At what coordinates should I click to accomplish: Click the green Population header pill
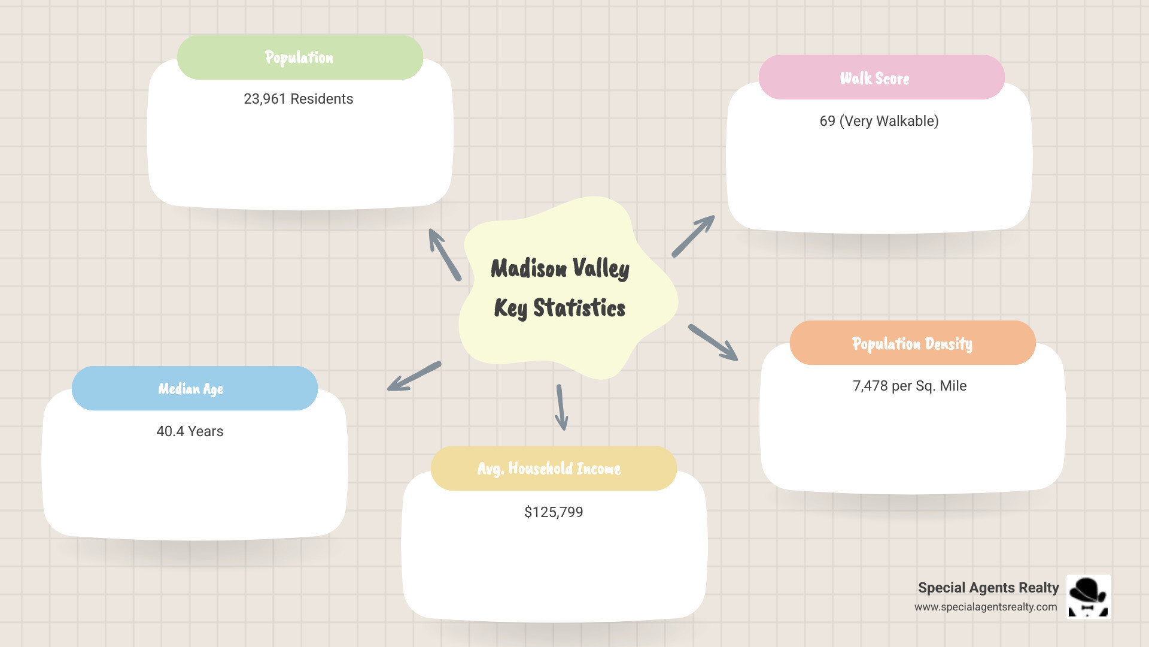click(300, 58)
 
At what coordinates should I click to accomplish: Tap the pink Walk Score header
click(881, 78)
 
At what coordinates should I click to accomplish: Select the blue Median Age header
click(194, 389)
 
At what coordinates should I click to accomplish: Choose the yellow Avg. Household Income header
click(553, 468)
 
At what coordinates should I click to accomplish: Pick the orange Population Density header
click(912, 343)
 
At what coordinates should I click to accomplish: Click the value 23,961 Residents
click(298, 99)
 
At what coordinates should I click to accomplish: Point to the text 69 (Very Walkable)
click(879, 121)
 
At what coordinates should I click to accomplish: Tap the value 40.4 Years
click(190, 431)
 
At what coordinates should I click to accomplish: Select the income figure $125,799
click(553, 512)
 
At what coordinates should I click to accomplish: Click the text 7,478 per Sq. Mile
click(909, 386)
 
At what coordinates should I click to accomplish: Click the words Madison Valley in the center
click(560, 268)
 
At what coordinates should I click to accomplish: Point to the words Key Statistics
click(560, 308)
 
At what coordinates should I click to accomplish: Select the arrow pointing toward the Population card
click(444, 255)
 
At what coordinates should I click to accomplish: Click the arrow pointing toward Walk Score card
click(693, 236)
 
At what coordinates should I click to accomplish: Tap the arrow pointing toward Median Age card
click(414, 377)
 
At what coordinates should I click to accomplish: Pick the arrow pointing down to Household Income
click(561, 407)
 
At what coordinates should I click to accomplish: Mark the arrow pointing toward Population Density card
click(713, 342)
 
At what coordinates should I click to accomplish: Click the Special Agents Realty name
click(988, 588)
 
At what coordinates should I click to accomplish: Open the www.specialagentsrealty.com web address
click(985, 607)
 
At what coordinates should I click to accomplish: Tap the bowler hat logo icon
click(1089, 596)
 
